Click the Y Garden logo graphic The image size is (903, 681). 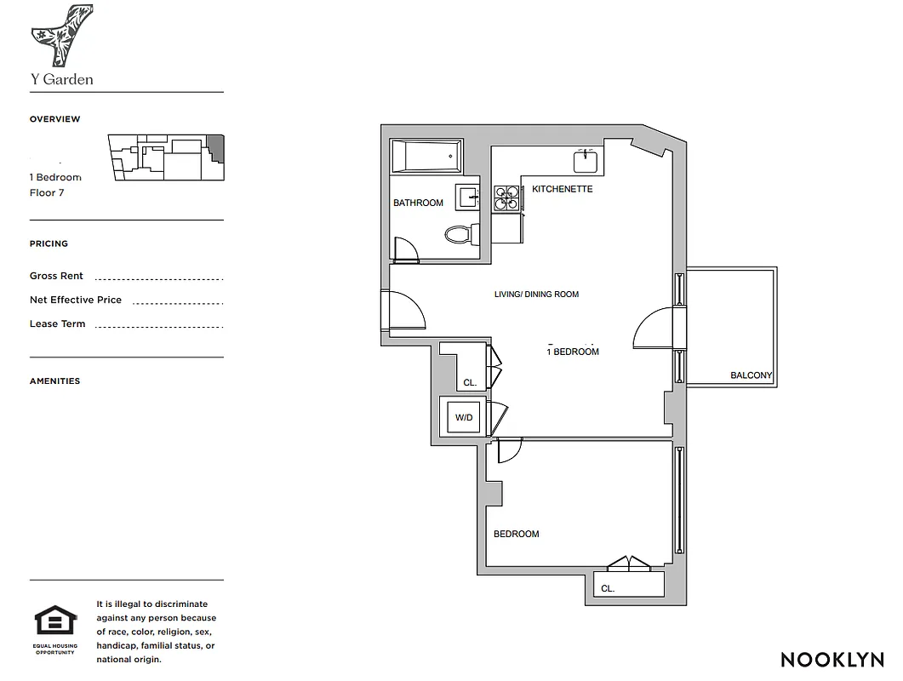[61, 36]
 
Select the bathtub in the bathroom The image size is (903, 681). [425, 157]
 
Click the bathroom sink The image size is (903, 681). [468, 197]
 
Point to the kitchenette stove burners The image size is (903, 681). [507, 198]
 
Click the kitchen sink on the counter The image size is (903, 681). [586, 160]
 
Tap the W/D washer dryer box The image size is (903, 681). [463, 417]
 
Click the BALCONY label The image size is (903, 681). [751, 375]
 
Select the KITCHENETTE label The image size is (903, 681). [562, 189]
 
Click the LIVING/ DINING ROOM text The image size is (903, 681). [536, 295]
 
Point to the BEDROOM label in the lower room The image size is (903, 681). [516, 534]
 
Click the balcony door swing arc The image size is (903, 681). [654, 328]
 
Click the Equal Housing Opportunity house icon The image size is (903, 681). [55, 621]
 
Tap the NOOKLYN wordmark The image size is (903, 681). [832, 659]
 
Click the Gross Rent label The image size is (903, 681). [56, 276]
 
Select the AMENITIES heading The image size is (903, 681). [54, 381]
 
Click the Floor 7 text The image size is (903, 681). [47, 192]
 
